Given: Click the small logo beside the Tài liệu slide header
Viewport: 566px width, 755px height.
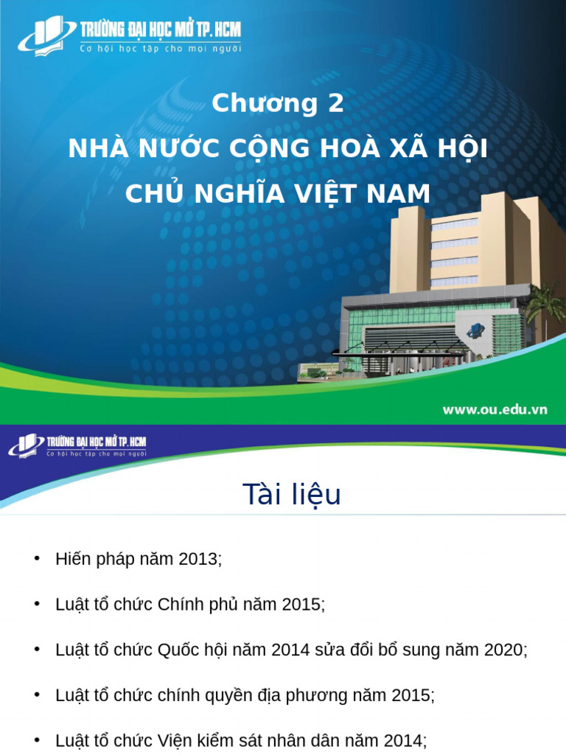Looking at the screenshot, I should click(26, 445).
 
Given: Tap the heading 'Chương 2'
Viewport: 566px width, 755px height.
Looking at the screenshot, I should click(278, 104).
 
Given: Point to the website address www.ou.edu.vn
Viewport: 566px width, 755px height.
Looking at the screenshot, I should click(495, 410).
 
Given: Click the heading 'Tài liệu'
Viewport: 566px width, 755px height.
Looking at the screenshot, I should click(292, 494).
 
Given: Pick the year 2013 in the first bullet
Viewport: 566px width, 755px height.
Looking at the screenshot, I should click(198, 559).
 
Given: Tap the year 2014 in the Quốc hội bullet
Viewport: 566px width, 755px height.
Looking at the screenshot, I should click(291, 650).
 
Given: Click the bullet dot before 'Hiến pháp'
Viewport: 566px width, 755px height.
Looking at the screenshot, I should click(37, 558).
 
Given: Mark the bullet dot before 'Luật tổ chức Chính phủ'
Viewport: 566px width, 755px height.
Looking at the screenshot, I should click(37, 604).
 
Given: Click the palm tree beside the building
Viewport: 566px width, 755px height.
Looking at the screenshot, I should click(546, 302).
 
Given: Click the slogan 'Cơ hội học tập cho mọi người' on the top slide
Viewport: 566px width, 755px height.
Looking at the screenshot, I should click(159, 49).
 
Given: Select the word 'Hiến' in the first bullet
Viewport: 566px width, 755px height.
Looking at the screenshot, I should click(70, 559).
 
